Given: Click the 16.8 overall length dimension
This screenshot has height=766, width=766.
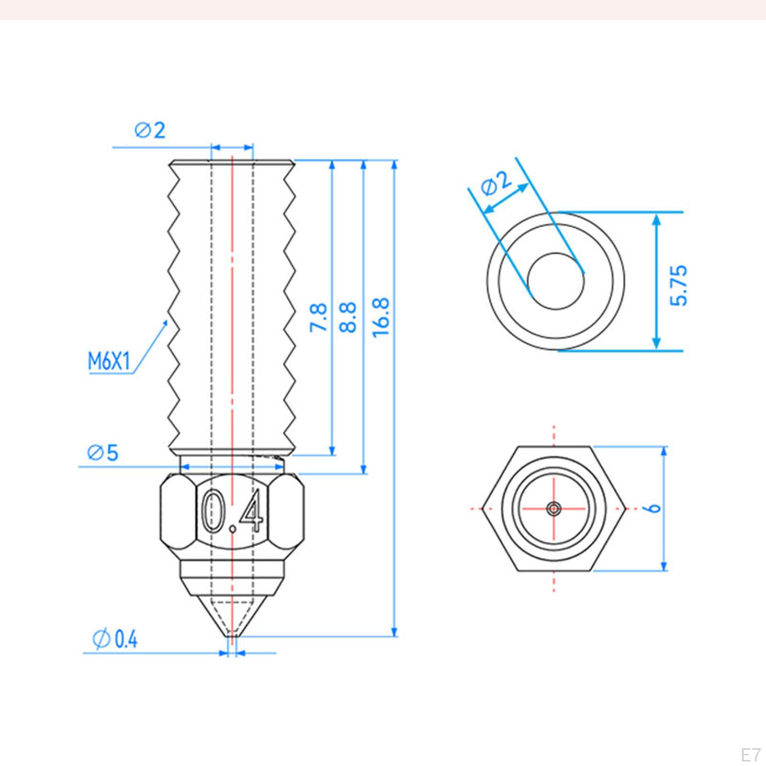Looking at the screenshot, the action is (x=382, y=317).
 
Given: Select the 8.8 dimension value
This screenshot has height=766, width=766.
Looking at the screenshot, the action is (x=349, y=317).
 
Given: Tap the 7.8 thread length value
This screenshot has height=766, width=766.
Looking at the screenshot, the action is (x=319, y=317).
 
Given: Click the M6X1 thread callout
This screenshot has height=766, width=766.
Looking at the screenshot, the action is (x=109, y=361).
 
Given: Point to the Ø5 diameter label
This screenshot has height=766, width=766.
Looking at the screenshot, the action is (x=103, y=452).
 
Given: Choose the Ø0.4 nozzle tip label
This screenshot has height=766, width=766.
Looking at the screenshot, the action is (x=115, y=639).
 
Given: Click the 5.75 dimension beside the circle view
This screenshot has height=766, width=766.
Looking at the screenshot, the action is (x=678, y=285).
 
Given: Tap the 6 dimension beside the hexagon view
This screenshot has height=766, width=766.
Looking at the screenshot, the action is (x=654, y=507).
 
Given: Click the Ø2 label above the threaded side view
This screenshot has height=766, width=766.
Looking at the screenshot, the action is (x=150, y=130).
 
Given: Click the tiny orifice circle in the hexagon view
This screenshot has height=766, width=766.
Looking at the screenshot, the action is (x=554, y=508).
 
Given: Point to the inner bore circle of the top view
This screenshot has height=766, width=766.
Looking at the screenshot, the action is (x=556, y=253).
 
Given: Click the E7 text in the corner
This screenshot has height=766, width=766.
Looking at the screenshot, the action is (x=750, y=755).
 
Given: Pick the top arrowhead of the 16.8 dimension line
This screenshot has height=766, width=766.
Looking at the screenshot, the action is (x=394, y=165).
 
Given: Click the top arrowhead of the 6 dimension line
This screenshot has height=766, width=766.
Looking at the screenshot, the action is (x=664, y=451).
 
